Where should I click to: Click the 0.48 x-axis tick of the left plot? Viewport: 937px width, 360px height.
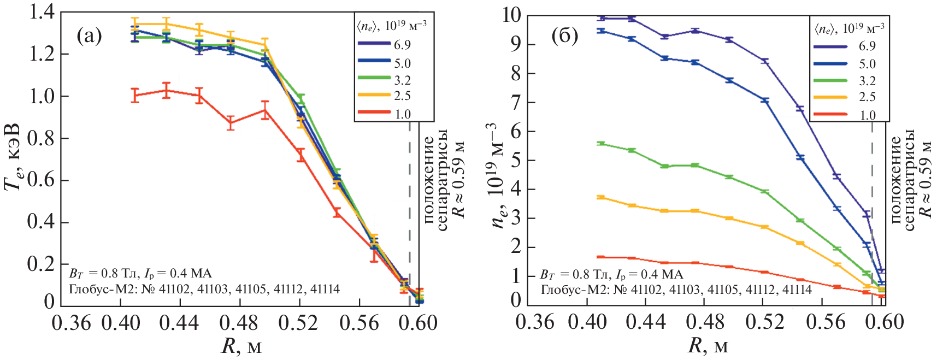click(x=238, y=323)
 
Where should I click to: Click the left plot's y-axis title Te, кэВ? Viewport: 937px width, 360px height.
click(x=13, y=158)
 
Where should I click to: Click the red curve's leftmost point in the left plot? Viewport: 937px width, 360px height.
click(x=135, y=95)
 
